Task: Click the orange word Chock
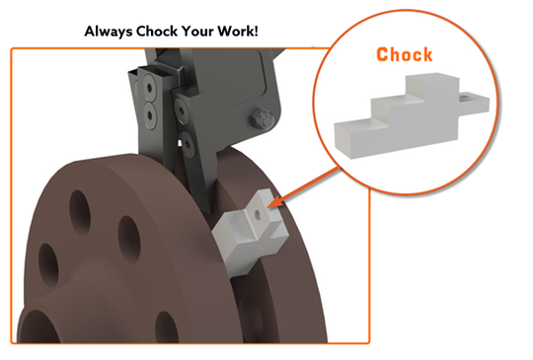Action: pyautogui.click(x=405, y=54)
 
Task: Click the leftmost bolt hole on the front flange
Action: pyautogui.click(x=43, y=260)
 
